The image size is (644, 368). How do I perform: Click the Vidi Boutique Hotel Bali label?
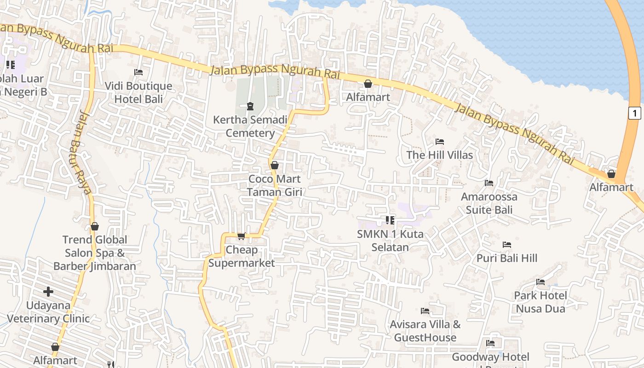138,92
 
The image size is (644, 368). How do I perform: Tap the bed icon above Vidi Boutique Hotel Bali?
138,72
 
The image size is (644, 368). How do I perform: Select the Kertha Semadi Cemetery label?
250,126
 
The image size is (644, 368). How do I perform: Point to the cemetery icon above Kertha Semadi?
250,106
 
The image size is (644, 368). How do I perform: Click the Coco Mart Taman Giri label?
275,185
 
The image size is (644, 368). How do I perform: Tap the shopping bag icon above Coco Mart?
275,165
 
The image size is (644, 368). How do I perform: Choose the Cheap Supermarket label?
241,256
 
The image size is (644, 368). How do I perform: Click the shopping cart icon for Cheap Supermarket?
241,236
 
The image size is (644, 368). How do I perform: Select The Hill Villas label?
440,155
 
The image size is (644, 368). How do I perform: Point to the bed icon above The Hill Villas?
440,141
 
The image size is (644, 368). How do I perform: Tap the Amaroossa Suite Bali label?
489,203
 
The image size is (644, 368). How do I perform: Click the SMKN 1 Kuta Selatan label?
390,241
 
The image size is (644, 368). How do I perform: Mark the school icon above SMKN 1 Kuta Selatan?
390,220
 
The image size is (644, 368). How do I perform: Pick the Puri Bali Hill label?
507,258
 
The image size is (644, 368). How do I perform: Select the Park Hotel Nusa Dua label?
540,302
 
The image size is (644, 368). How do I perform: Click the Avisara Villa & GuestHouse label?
425,331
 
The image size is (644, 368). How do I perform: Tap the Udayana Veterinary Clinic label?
48,312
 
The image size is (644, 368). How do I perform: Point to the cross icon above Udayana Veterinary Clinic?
48,292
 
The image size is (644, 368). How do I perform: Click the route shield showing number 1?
634,113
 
